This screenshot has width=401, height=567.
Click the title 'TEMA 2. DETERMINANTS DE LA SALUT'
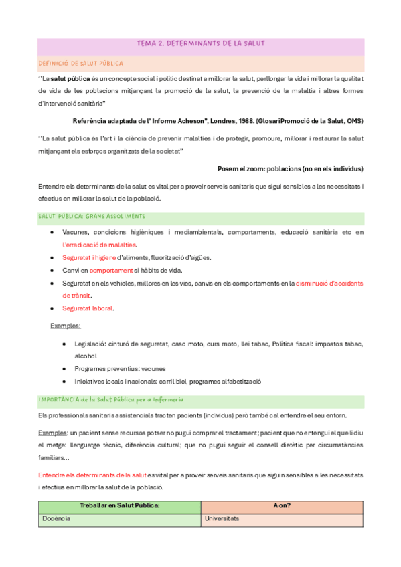[201, 43]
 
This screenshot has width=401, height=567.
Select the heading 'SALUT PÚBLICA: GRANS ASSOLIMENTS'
[92, 216]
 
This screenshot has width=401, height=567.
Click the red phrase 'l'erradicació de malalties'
[99, 245]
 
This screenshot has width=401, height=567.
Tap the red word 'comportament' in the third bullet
[110, 270]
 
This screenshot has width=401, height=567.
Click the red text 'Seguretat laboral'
[88, 308]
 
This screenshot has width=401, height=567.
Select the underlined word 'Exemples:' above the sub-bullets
[66, 326]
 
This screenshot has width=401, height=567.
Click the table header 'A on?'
[281, 505]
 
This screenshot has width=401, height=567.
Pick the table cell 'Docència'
[56, 518]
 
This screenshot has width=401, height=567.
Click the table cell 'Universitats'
[222, 518]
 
